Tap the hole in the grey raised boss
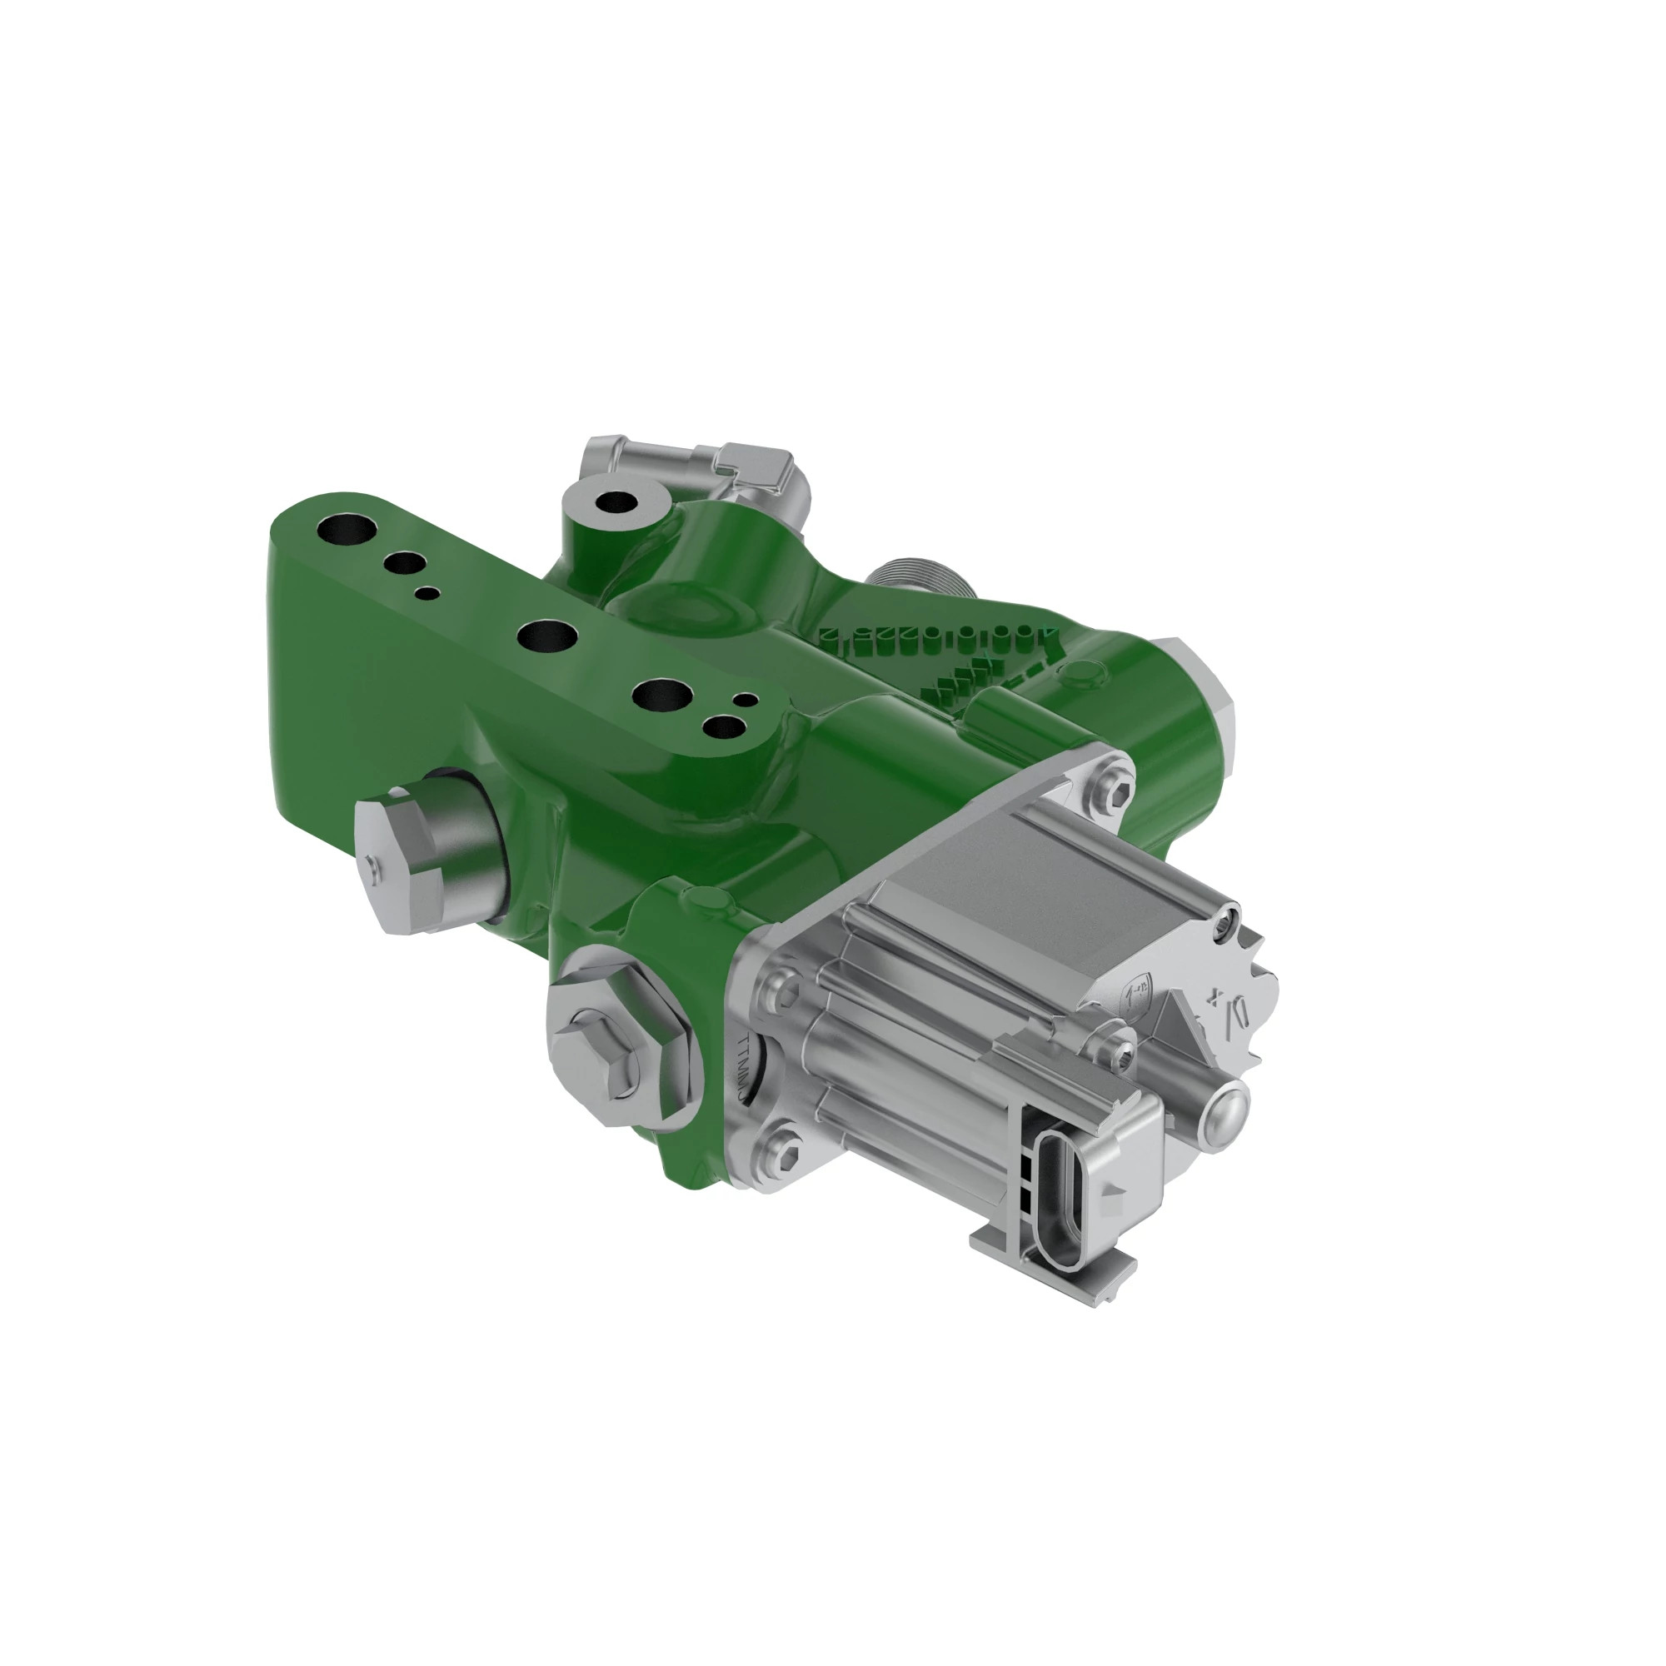tap(615, 501)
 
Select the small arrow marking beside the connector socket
tap(1118, 1190)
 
